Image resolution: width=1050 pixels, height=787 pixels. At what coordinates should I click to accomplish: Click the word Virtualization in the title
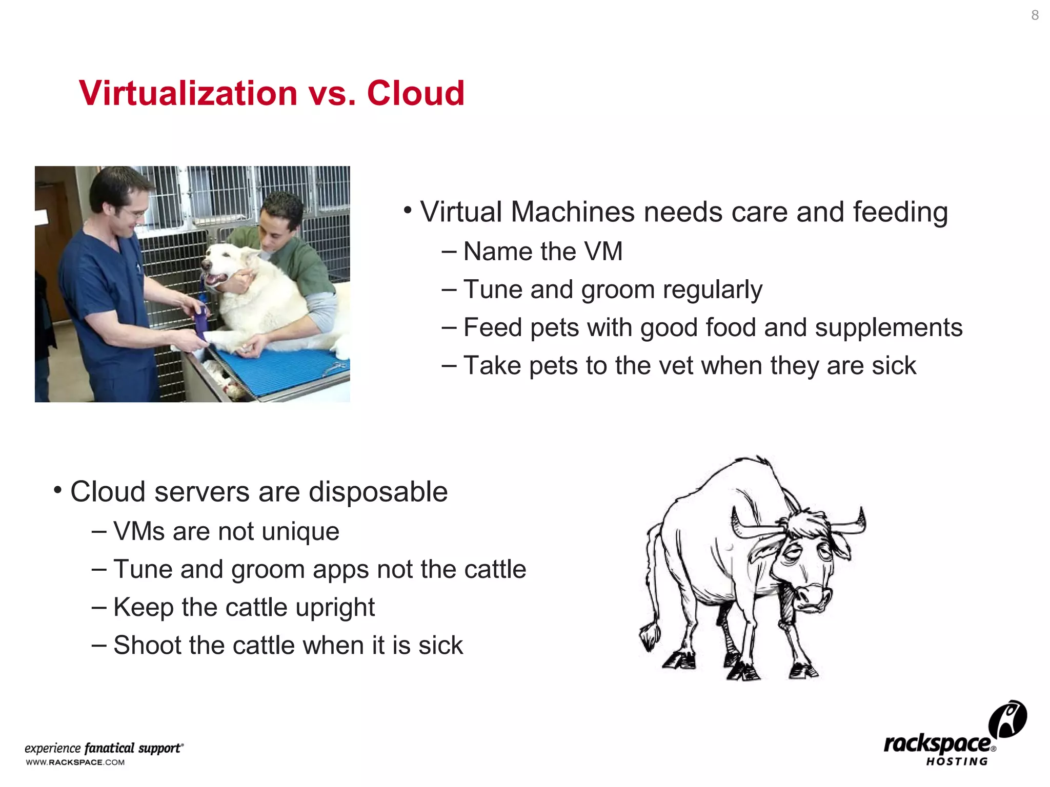pyautogui.click(x=188, y=93)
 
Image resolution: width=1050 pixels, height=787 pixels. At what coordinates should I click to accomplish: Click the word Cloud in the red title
pyautogui.click(x=415, y=93)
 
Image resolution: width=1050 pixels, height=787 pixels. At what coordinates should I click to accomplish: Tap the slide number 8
pyautogui.click(x=1035, y=15)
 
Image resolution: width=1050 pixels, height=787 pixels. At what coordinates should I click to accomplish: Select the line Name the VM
pyautogui.click(x=542, y=252)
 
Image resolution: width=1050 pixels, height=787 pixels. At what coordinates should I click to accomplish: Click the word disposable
pyautogui.click(x=378, y=492)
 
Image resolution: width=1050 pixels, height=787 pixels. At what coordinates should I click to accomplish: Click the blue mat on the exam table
pyautogui.click(x=287, y=369)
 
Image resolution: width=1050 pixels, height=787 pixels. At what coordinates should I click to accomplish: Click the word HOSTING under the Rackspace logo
pyautogui.click(x=956, y=762)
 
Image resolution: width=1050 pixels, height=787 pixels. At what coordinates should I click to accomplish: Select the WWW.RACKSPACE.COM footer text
pyautogui.click(x=75, y=762)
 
